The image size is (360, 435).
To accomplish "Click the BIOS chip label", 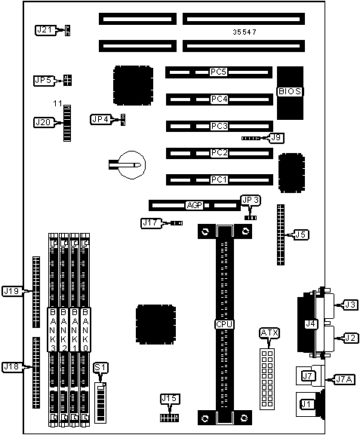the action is tap(290, 91).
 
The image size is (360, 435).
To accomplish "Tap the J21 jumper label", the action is tap(45, 30).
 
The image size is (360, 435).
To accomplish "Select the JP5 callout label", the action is tap(43, 81).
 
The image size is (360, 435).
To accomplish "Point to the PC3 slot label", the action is tap(219, 126).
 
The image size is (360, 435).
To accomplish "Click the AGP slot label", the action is tap(195, 206).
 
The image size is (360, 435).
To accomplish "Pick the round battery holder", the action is tap(131, 165).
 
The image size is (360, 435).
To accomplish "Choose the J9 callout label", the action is tap(276, 138).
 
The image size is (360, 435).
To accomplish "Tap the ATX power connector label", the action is tap(269, 332).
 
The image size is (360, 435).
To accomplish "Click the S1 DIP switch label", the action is tap(100, 368).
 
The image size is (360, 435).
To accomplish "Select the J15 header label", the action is tap(169, 399).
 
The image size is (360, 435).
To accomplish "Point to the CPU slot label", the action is tap(224, 324).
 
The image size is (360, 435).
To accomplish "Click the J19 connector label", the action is tap(11, 291).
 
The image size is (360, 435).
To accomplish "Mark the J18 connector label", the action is tap(11, 366).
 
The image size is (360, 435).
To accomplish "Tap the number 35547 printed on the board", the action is tap(245, 32).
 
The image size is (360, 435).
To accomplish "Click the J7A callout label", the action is tap(344, 379).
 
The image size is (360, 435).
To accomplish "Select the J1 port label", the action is tap(306, 404).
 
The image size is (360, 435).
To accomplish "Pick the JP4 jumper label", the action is tap(100, 120).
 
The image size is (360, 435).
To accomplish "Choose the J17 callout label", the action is tap(150, 223).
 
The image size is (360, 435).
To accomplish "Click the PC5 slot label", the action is tap(219, 72).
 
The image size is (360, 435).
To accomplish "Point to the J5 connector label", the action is tap(301, 234).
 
